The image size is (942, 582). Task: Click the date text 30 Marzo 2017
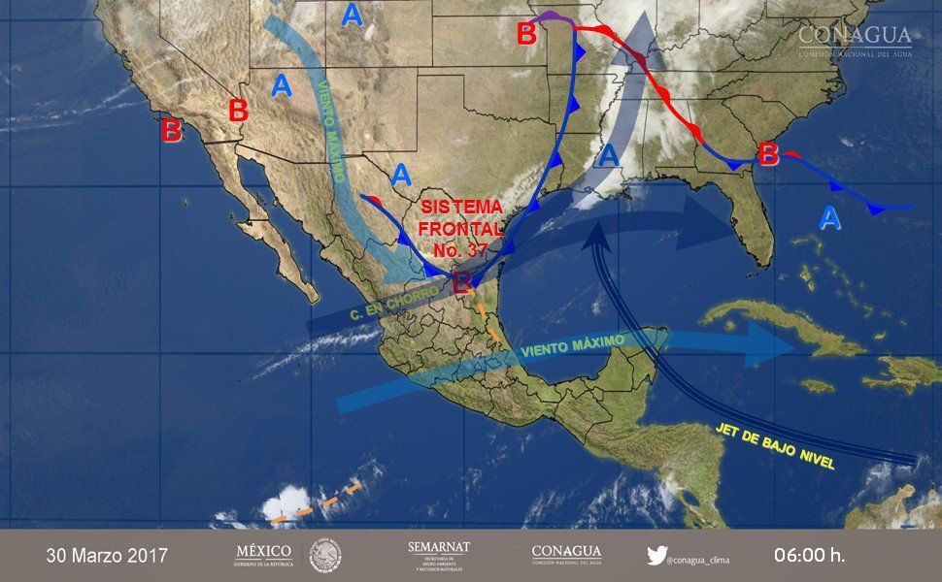coord(107,556)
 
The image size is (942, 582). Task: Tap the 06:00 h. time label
coord(809,556)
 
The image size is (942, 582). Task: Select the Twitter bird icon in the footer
coord(656,555)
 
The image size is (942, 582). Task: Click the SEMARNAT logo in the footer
coord(439,555)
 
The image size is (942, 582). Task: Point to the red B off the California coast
coord(171,130)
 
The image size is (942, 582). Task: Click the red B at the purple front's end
coord(526,34)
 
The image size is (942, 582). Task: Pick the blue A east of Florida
coord(828,218)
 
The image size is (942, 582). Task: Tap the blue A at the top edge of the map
coord(352,15)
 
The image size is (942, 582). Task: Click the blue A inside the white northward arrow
coord(609,155)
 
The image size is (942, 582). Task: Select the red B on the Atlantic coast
coord(768,154)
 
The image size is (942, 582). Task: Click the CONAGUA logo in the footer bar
coord(566,555)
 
